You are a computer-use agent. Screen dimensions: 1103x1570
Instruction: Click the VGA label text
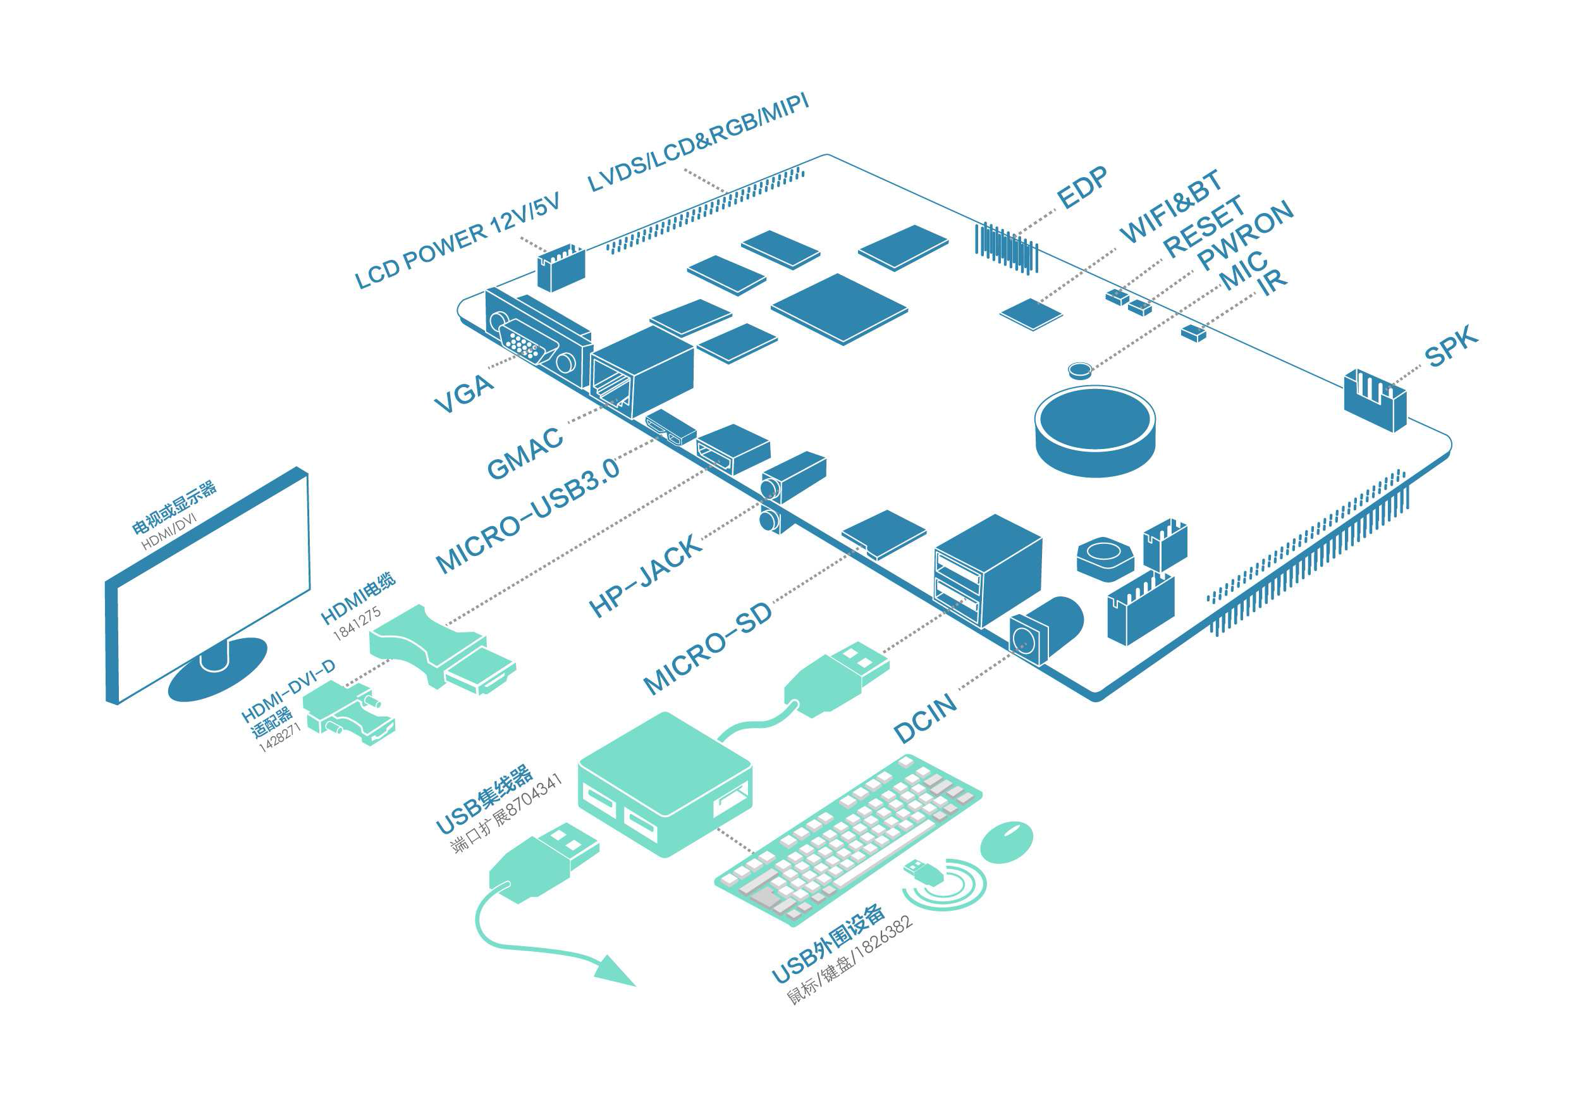[x=464, y=393]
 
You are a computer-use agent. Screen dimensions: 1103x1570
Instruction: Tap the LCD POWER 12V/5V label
[x=457, y=241]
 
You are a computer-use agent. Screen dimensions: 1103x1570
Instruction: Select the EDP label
[x=1082, y=187]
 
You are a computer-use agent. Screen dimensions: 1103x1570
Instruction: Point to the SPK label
[x=1450, y=347]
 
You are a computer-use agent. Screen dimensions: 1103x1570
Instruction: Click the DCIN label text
[x=924, y=718]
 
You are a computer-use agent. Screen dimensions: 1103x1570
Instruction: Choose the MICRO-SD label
[x=708, y=648]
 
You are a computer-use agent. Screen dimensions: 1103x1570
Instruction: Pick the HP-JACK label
[x=645, y=575]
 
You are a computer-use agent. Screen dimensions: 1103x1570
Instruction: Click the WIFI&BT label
[x=1170, y=205]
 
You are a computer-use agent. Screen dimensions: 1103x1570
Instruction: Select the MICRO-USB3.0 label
[x=528, y=514]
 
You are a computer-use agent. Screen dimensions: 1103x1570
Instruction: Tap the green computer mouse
[x=1007, y=842]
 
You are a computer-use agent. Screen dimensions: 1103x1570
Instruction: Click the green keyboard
[x=848, y=841]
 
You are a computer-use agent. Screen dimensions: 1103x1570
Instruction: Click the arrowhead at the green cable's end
[x=615, y=972]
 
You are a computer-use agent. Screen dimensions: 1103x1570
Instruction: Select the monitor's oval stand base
[x=218, y=669]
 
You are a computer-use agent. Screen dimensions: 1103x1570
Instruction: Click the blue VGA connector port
[x=523, y=345]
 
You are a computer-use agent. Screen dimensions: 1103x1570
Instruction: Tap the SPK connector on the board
[x=1375, y=400]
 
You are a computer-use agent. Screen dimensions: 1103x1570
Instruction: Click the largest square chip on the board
[x=839, y=308]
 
